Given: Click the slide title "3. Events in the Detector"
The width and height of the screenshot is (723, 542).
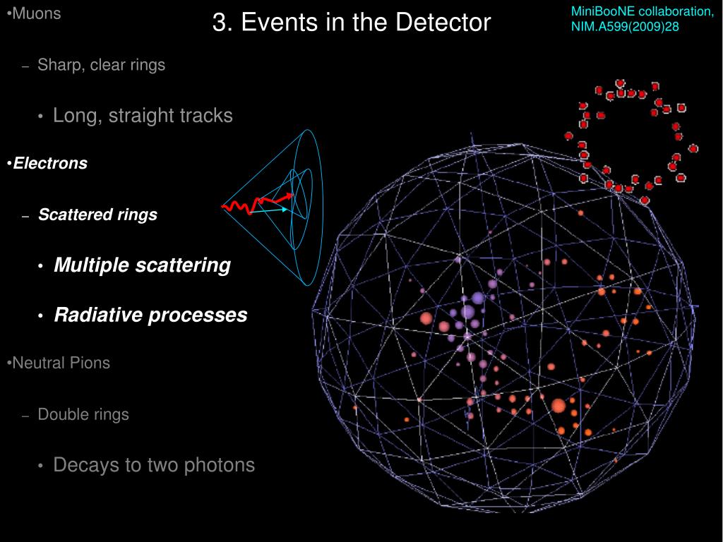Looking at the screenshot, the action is pyautogui.click(x=351, y=23).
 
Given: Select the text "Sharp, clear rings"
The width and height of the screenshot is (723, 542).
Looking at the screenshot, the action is pyautogui.click(x=101, y=65).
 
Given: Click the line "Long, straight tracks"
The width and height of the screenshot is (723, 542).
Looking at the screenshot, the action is pyautogui.click(x=143, y=116).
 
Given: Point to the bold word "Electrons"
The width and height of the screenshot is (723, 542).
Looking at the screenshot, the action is pyautogui.click(x=50, y=164).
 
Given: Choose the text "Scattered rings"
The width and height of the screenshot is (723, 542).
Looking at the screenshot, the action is pyautogui.click(x=97, y=215).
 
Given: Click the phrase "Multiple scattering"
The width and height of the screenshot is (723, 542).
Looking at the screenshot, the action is pyautogui.click(x=142, y=265).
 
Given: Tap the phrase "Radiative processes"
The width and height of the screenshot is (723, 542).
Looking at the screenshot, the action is pyautogui.click(x=150, y=315).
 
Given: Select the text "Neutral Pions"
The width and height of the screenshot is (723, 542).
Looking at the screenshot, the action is pyautogui.click(x=61, y=363).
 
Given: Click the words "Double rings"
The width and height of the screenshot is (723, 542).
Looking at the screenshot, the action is pyautogui.click(x=83, y=414).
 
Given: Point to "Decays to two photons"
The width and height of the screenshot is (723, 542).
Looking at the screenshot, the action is pyautogui.click(x=154, y=465).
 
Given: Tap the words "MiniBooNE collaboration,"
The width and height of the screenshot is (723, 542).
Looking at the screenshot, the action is pyautogui.click(x=642, y=12).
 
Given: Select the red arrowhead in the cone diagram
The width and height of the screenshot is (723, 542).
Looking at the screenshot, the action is pyautogui.click(x=289, y=195).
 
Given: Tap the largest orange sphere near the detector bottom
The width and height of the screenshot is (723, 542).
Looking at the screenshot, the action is pyautogui.click(x=558, y=406).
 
